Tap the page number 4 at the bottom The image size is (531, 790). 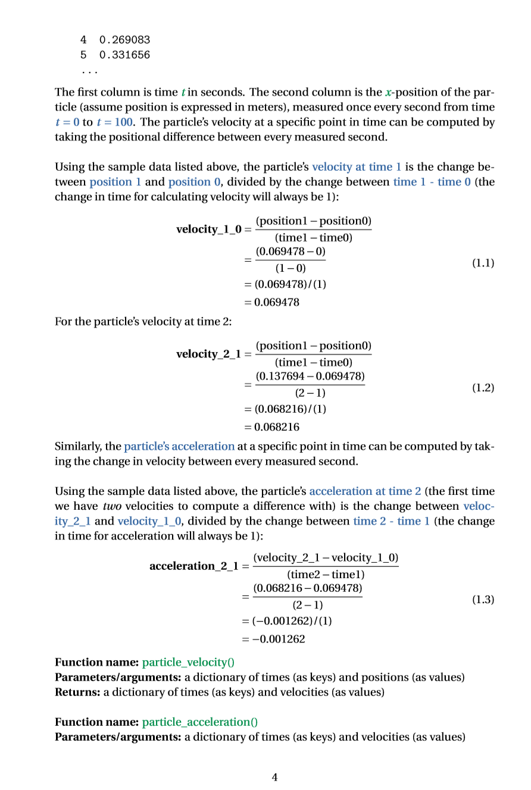point(274,777)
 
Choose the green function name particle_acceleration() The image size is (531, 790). point(200,722)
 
